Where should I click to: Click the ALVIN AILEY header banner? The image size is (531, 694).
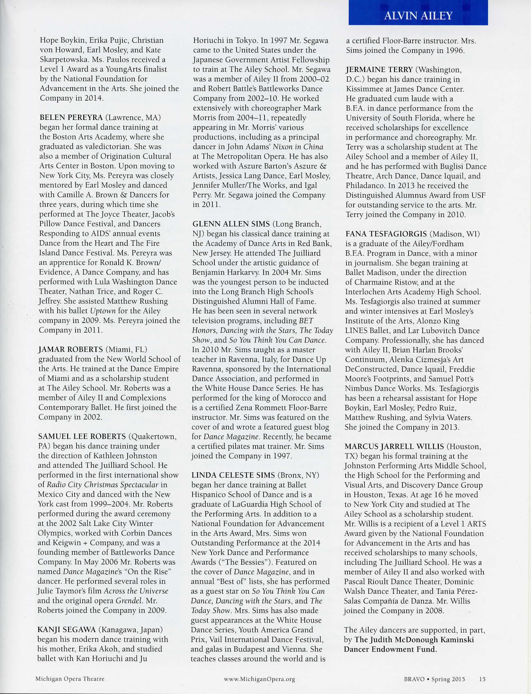(418, 15)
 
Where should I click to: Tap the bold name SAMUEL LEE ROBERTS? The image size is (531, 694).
(82, 436)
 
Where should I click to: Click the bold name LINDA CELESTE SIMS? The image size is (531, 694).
(233, 475)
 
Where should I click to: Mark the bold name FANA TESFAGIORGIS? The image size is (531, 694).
(386, 234)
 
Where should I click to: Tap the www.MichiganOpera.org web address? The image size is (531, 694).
(259, 679)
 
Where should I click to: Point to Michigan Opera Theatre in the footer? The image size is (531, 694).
(70, 679)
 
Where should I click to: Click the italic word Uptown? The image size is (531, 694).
(103, 311)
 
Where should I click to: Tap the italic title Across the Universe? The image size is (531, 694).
(136, 591)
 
